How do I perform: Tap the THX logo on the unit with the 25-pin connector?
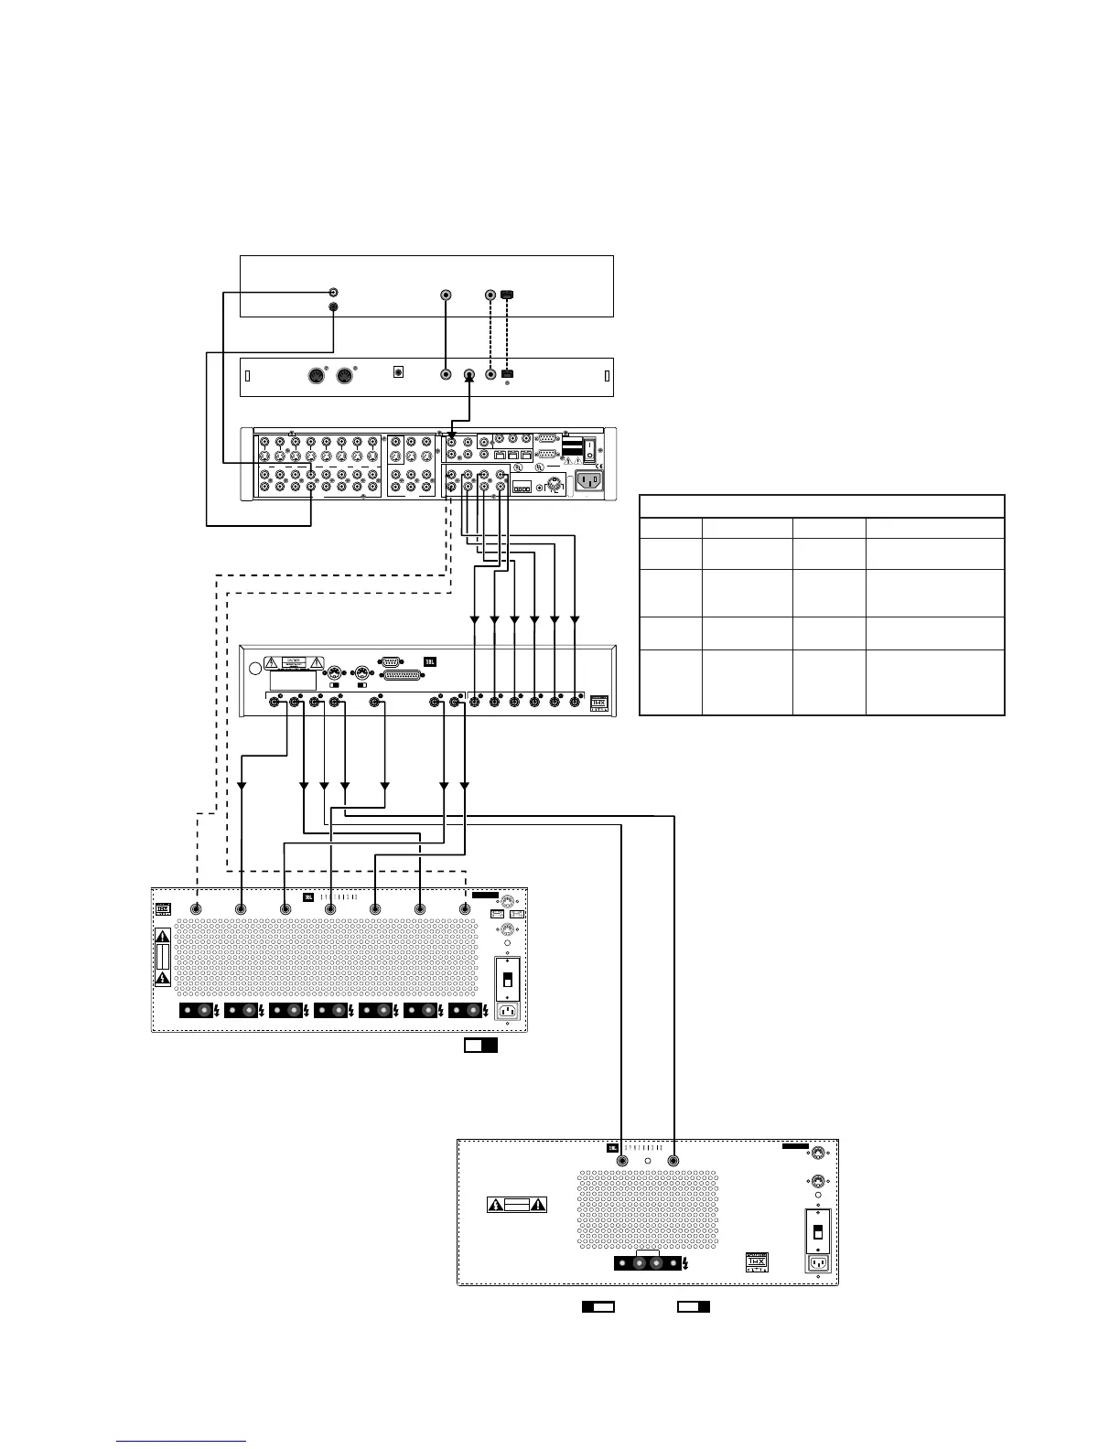click(600, 703)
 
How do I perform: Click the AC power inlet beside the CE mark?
click(586, 480)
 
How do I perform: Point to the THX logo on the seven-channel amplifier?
click(163, 909)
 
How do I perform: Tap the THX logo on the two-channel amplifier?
click(758, 1261)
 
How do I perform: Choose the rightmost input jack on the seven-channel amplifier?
click(465, 909)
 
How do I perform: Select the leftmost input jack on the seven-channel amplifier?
click(196, 909)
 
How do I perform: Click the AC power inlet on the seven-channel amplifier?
click(507, 1011)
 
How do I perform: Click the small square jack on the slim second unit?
click(399, 372)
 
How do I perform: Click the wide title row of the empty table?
click(821, 506)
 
